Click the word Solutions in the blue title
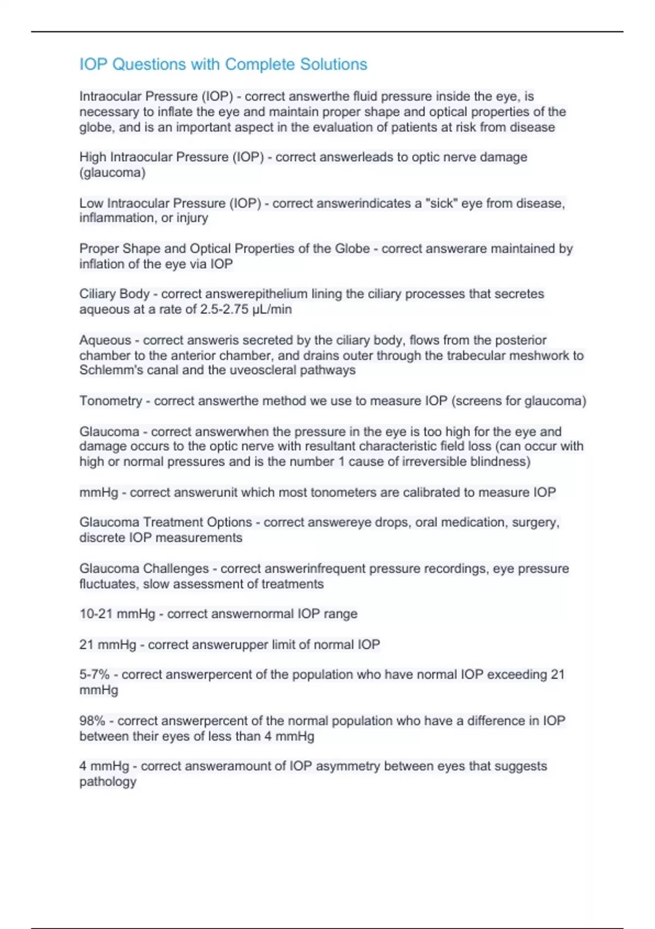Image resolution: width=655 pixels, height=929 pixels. pos(334,64)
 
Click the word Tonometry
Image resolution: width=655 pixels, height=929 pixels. pos(111,401)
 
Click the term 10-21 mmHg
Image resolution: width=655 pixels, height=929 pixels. pos(117,614)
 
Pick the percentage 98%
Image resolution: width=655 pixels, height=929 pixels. pos(92,721)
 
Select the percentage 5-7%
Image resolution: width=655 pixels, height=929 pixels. pos(94,675)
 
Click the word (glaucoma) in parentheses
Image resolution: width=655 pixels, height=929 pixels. pos(112,173)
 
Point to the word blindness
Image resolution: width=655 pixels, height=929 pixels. pos(500,462)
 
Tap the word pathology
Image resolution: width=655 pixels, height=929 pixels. pos(108,781)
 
